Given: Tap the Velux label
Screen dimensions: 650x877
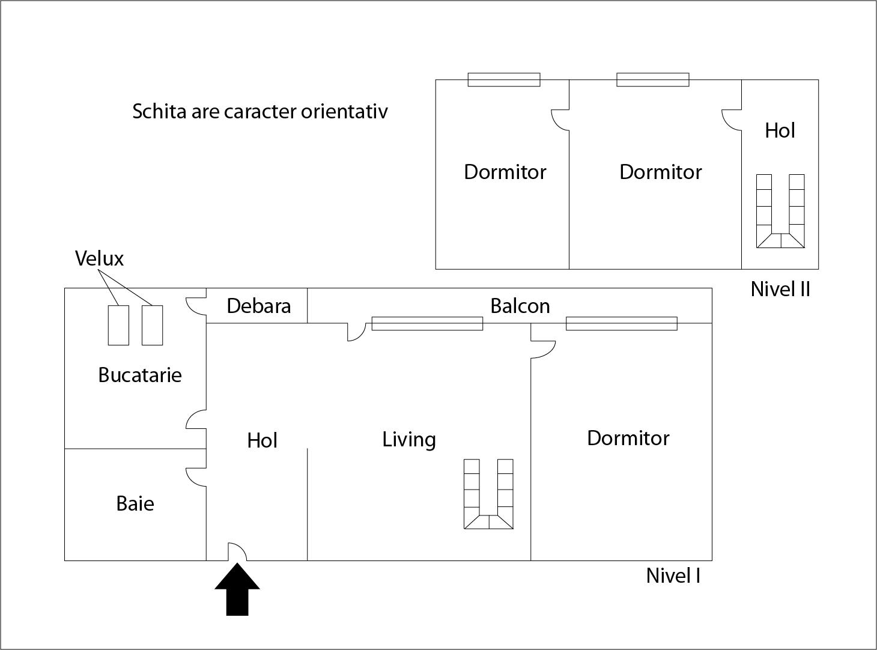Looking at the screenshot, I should coord(99,258).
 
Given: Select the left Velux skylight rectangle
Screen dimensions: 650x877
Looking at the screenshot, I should coord(118,325).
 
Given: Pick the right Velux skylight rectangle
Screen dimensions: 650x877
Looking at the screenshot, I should coord(152,325).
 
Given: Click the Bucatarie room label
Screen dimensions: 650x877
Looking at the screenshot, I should coord(139,375).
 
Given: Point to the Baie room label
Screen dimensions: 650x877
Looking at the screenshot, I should coord(135,503).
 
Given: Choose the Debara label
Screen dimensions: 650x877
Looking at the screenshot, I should coord(258,306).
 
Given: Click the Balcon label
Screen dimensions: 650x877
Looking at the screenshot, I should coord(520,306).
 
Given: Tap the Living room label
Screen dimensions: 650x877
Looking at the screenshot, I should coord(408,439).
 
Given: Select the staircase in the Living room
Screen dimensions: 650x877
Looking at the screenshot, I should coord(488,494).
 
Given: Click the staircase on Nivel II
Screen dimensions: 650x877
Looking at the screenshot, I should coord(780,211).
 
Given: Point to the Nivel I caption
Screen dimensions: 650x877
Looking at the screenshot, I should coord(673,576).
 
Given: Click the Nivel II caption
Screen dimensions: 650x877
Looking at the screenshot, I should coord(780,289).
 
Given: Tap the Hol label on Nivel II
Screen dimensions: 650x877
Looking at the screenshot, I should coord(780,130).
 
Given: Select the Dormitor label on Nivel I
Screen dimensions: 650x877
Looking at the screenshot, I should coord(628,438).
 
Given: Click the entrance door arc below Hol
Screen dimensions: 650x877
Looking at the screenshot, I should coord(237,551).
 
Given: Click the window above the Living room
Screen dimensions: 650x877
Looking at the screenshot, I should coord(427,323).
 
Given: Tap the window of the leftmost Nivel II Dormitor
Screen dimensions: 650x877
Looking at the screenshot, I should coord(503,79).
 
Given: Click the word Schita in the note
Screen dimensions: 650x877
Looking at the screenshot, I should coord(159,111).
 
